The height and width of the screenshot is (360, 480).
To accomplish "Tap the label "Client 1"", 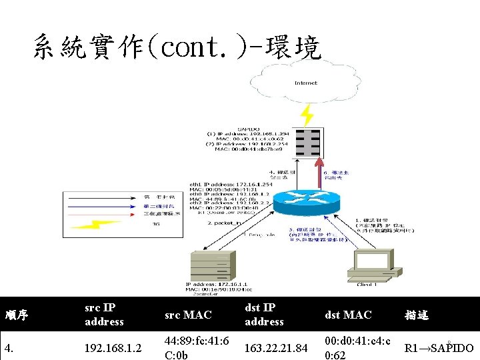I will click(367, 285).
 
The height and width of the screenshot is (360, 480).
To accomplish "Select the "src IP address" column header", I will click(104, 315).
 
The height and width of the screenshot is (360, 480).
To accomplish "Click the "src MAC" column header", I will click(188, 315).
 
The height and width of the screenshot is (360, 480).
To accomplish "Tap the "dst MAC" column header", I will click(348, 315).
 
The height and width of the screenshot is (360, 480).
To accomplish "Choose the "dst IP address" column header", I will click(264, 315).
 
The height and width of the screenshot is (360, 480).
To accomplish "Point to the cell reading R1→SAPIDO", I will click(439, 348).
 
